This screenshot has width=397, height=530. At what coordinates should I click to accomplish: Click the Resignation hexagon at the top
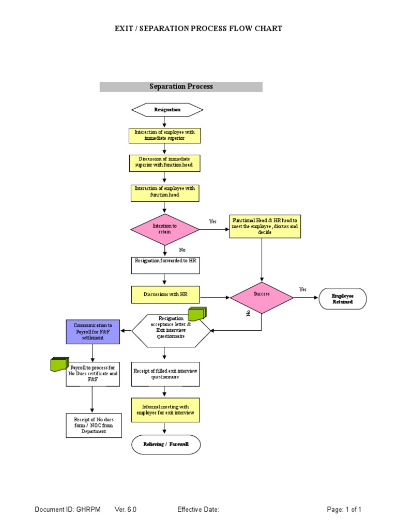pos(167,110)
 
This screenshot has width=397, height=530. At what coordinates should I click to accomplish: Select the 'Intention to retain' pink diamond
pos(164,229)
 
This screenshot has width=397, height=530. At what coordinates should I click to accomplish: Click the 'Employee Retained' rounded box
pos(343,299)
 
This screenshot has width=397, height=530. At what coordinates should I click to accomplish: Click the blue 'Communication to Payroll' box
pos(93,331)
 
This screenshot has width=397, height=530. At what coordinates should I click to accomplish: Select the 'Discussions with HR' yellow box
pos(165,294)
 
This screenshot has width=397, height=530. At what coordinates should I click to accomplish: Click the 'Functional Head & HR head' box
pos(265,226)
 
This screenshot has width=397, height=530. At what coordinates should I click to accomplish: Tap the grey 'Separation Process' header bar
pos(181,86)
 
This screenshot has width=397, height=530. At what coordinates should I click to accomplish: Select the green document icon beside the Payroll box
pos(59,364)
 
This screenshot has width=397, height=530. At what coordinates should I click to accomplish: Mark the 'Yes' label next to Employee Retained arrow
pos(302,289)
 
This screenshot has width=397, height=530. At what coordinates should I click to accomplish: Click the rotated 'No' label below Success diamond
pos(248,314)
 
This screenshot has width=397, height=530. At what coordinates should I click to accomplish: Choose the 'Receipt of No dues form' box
pos(94,425)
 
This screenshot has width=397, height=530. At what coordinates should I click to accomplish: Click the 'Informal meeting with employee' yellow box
pos(165,410)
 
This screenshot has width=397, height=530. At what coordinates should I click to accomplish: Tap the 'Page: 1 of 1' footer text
pos(344,510)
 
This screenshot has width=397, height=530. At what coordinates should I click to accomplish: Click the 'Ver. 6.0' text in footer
pos(126,510)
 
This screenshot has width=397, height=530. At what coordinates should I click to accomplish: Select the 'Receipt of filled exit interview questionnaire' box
pos(165,374)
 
